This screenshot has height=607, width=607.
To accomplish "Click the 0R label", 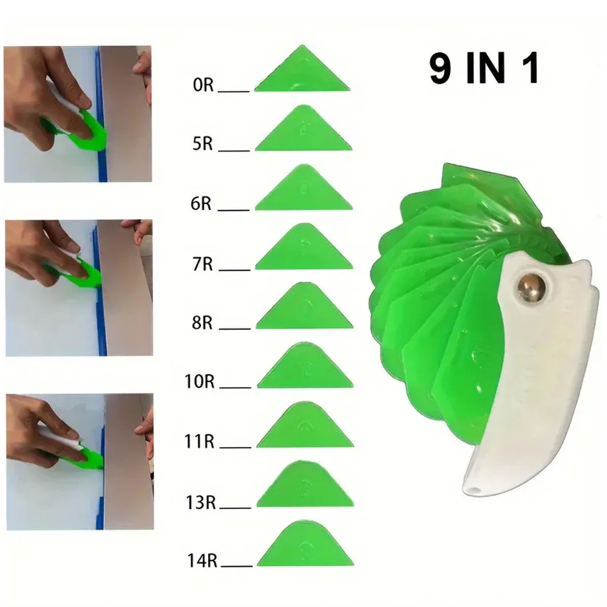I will (x=202, y=86).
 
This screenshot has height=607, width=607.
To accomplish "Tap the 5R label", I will (x=202, y=146).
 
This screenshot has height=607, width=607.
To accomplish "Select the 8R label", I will (x=202, y=323).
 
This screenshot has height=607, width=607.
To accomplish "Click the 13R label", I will (x=202, y=502).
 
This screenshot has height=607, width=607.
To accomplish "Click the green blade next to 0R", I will (x=302, y=73).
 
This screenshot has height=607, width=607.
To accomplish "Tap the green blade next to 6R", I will (x=303, y=191).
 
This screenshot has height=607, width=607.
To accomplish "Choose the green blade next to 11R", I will (x=305, y=429).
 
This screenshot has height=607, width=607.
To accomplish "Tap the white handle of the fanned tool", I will (x=534, y=376).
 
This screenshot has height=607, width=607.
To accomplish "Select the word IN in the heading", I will (x=487, y=69).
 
